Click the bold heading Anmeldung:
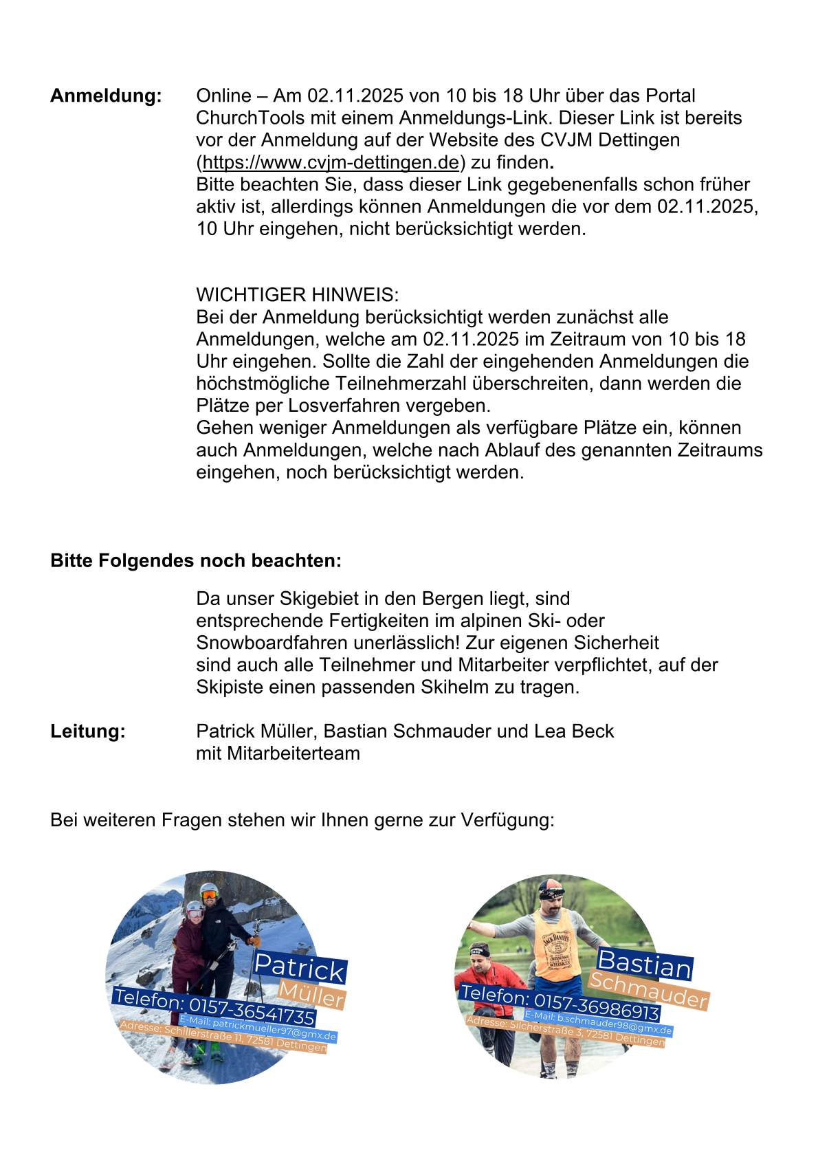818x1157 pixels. pos(106,96)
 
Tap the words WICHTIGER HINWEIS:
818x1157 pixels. pos(297,295)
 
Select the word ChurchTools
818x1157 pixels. pos(250,118)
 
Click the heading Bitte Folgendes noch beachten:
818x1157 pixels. pos(196,560)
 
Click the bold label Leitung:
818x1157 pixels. pos(88,731)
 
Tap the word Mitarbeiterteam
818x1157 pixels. pos(294,753)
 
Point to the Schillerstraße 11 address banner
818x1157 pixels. pos(223,1037)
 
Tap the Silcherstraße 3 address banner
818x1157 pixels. pos(566,1031)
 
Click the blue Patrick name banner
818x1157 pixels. pos(300,967)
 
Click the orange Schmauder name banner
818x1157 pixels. pos(649,991)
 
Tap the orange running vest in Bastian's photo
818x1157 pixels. pos(553,935)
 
